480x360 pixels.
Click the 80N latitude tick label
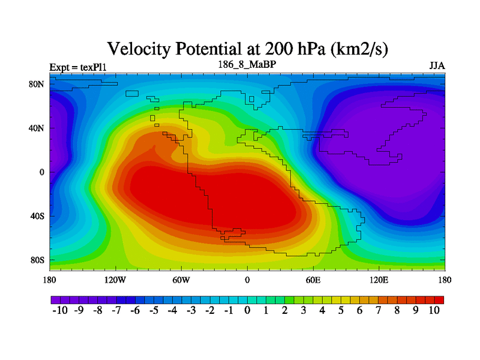[x=37, y=84]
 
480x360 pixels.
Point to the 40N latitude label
[x=37, y=128]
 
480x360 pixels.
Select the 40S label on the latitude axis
[x=37, y=216]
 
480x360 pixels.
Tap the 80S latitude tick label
[x=37, y=260]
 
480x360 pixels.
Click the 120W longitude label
[x=115, y=280]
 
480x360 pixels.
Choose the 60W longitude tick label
[x=181, y=280]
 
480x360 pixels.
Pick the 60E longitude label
[x=313, y=280]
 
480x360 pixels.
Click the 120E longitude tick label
[x=379, y=280]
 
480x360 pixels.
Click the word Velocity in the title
[x=139, y=49]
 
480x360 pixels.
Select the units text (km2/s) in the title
[x=359, y=49]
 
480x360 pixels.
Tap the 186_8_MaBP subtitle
[x=247, y=65]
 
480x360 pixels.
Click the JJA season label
[x=437, y=66]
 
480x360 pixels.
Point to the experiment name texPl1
[x=94, y=67]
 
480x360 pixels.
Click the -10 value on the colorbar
[x=60, y=310]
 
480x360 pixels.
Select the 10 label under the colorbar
[x=434, y=310]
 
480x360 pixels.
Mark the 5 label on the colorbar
[x=341, y=310]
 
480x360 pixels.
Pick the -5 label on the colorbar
[x=154, y=310]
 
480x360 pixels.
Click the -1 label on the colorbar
[x=229, y=310]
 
